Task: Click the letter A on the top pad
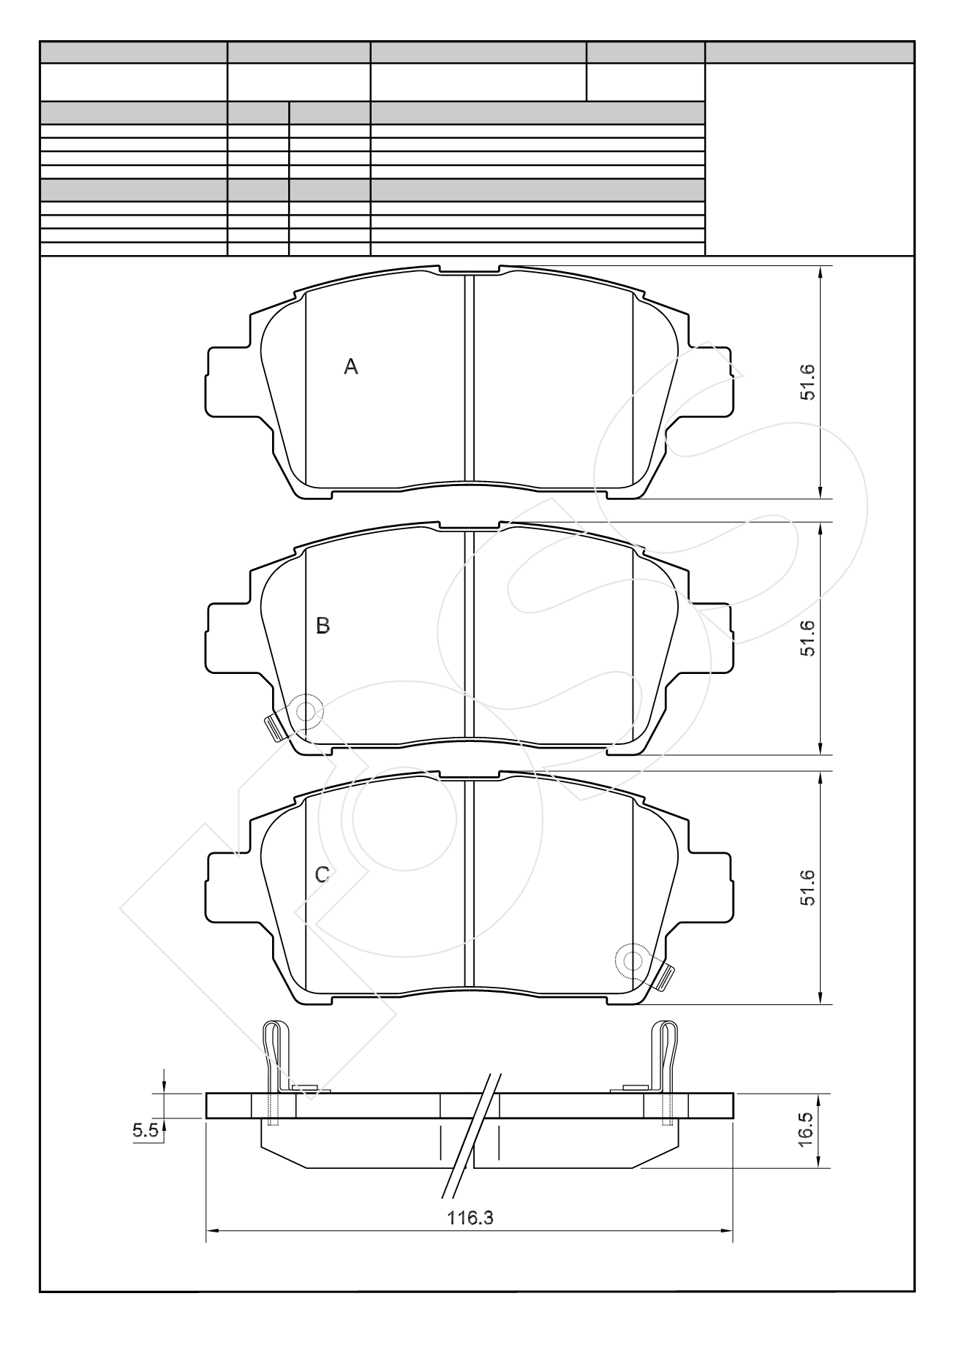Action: click(351, 367)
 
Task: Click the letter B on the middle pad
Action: click(323, 626)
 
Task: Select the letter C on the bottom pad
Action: click(322, 875)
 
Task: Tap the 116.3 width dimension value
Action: click(470, 1219)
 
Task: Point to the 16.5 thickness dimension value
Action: click(807, 1130)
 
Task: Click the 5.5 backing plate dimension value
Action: click(145, 1131)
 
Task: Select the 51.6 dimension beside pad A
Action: click(807, 382)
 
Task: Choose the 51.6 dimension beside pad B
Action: click(807, 638)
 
